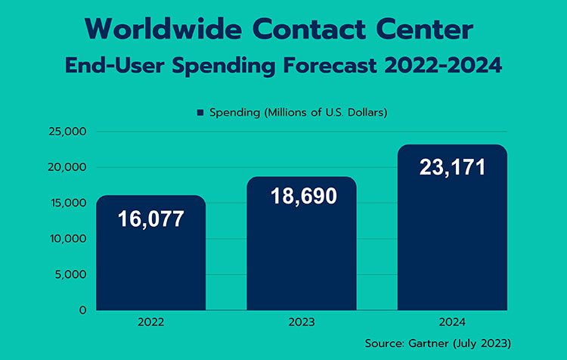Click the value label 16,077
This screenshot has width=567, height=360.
[150, 219]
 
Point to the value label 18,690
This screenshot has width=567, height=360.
[302, 197]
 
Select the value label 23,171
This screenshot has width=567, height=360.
[452, 166]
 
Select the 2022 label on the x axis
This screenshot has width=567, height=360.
[150, 322]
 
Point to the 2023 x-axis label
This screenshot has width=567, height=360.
[302, 322]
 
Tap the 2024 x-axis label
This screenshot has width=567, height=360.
[452, 322]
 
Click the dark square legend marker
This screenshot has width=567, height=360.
[200, 113]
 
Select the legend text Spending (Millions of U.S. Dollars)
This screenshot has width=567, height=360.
[299, 113]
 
